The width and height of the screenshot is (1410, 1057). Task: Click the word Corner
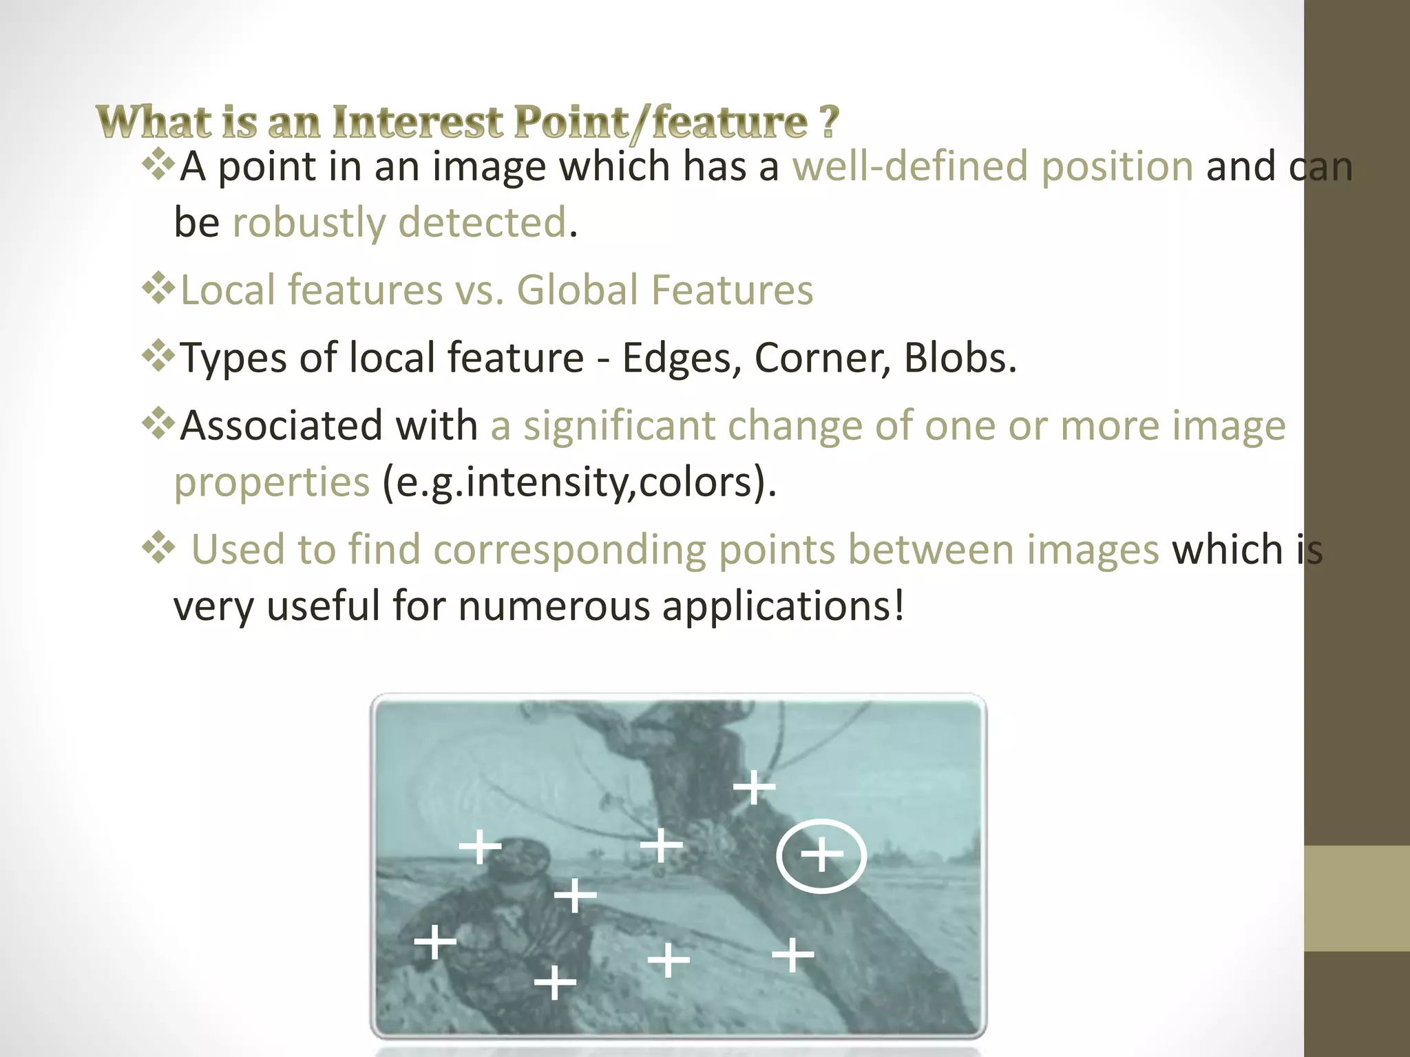822,358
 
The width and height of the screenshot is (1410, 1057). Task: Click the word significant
619,426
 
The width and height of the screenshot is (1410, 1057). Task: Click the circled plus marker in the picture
821,855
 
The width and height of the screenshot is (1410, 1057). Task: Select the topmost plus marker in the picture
754,787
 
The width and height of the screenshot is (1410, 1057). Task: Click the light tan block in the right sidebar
1356,898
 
